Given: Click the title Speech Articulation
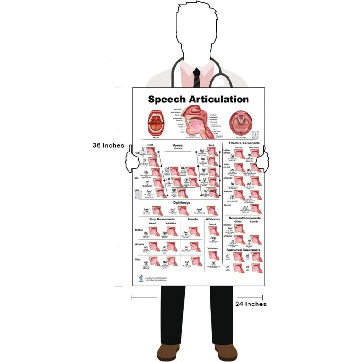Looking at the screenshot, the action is [199, 99].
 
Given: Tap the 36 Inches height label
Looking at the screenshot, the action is [108, 145].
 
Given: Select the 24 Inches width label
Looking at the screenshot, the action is [251, 304].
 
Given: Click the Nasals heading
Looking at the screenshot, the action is [193, 219].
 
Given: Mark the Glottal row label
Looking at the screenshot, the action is [228, 205].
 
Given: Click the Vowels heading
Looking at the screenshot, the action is [178, 146].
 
